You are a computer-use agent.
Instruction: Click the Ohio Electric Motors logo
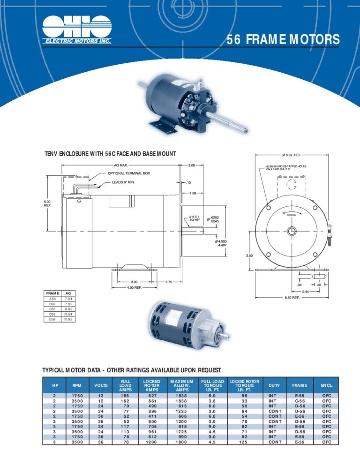point(77,30)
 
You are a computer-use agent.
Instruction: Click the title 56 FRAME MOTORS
point(283,40)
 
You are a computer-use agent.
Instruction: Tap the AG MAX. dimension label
point(121,165)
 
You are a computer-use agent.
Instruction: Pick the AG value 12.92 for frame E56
point(69,319)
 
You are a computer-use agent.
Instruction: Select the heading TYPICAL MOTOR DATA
point(132,370)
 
